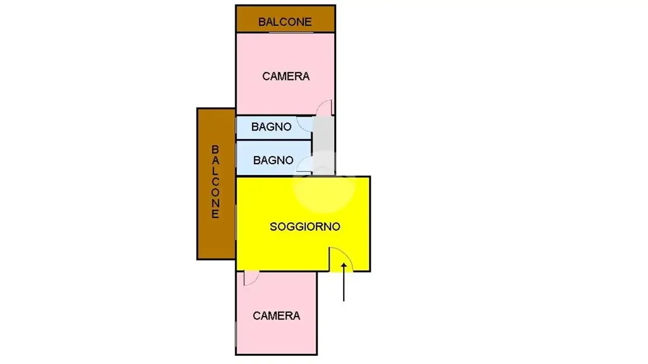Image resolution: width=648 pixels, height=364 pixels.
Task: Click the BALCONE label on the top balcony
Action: (x=285, y=22)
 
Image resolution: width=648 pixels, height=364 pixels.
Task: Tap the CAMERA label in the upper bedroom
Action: (x=286, y=76)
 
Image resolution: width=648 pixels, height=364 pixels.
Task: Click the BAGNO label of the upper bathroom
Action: (x=271, y=126)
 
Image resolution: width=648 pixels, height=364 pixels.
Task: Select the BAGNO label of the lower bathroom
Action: (x=273, y=160)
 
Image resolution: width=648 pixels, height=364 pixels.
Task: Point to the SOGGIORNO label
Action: (x=305, y=227)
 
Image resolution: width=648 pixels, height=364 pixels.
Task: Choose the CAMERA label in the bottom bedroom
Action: (x=277, y=316)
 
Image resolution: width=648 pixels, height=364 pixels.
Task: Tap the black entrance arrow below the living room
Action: (x=344, y=282)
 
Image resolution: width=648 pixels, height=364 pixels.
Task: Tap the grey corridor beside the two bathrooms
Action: (x=323, y=145)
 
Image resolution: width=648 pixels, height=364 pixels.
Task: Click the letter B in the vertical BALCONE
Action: (x=215, y=149)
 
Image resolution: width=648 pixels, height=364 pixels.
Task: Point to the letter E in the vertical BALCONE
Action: (x=215, y=214)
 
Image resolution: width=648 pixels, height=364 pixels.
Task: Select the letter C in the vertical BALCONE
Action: (x=215, y=181)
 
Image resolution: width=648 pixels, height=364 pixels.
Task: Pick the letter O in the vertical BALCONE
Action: (x=215, y=192)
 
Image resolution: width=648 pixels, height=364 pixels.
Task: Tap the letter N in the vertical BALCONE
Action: (x=215, y=203)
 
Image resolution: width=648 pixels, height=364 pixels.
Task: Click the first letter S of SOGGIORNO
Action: (x=273, y=227)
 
